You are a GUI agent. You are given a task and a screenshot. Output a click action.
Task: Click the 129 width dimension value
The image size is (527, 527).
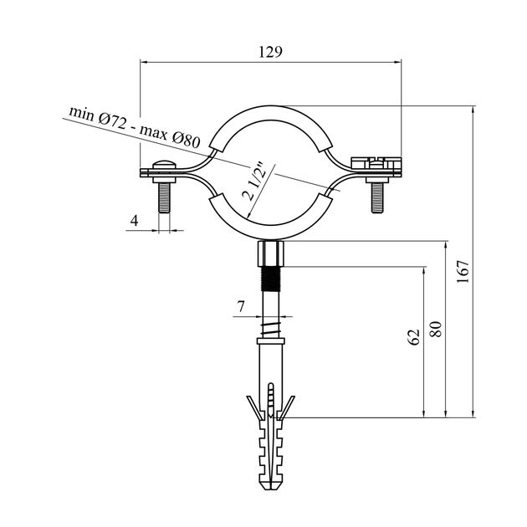[270, 52]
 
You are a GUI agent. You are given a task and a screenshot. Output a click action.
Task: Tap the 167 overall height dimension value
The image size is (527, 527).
[463, 272]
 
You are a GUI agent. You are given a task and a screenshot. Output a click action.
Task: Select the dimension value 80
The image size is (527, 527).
[437, 330]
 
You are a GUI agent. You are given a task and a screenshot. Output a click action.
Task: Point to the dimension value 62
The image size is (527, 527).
[414, 337]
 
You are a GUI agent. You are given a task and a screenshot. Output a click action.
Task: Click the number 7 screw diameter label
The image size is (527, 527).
[241, 306]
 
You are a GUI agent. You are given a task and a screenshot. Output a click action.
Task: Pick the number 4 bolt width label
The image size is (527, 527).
[135, 221]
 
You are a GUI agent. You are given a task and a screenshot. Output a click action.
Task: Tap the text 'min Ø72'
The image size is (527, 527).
[98, 116]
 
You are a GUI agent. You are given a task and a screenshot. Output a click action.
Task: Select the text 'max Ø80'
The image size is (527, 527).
[171, 137]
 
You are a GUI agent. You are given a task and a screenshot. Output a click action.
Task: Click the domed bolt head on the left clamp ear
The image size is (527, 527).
[164, 165]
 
